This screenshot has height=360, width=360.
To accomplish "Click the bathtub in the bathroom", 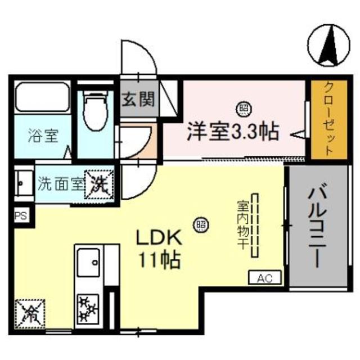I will [x=42, y=98].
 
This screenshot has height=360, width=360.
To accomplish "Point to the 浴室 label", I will [x=43, y=136].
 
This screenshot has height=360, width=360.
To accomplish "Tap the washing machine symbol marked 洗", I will [x=99, y=183].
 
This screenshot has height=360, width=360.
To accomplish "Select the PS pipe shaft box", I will [x=20, y=214].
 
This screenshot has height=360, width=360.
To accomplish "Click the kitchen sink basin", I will [x=89, y=262].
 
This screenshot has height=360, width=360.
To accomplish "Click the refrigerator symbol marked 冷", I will [x=29, y=313].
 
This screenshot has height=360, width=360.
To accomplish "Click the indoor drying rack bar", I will [x=255, y=226].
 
